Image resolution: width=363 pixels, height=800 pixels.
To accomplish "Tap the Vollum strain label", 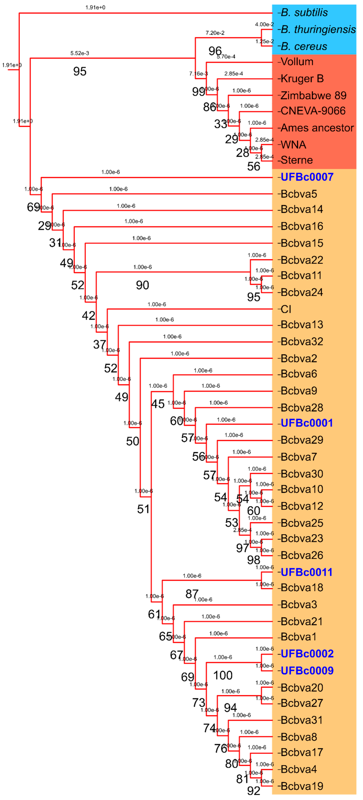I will coord(297,62).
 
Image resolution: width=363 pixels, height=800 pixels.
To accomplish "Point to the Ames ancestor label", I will coord(317,128).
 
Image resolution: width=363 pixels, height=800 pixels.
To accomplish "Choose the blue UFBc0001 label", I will coord(306,423).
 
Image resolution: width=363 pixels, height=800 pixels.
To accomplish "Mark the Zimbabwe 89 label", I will coord(313,96).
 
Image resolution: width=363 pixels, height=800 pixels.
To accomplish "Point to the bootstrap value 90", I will coord(142,285).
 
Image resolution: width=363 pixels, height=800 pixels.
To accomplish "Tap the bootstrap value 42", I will coord(89,316).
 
